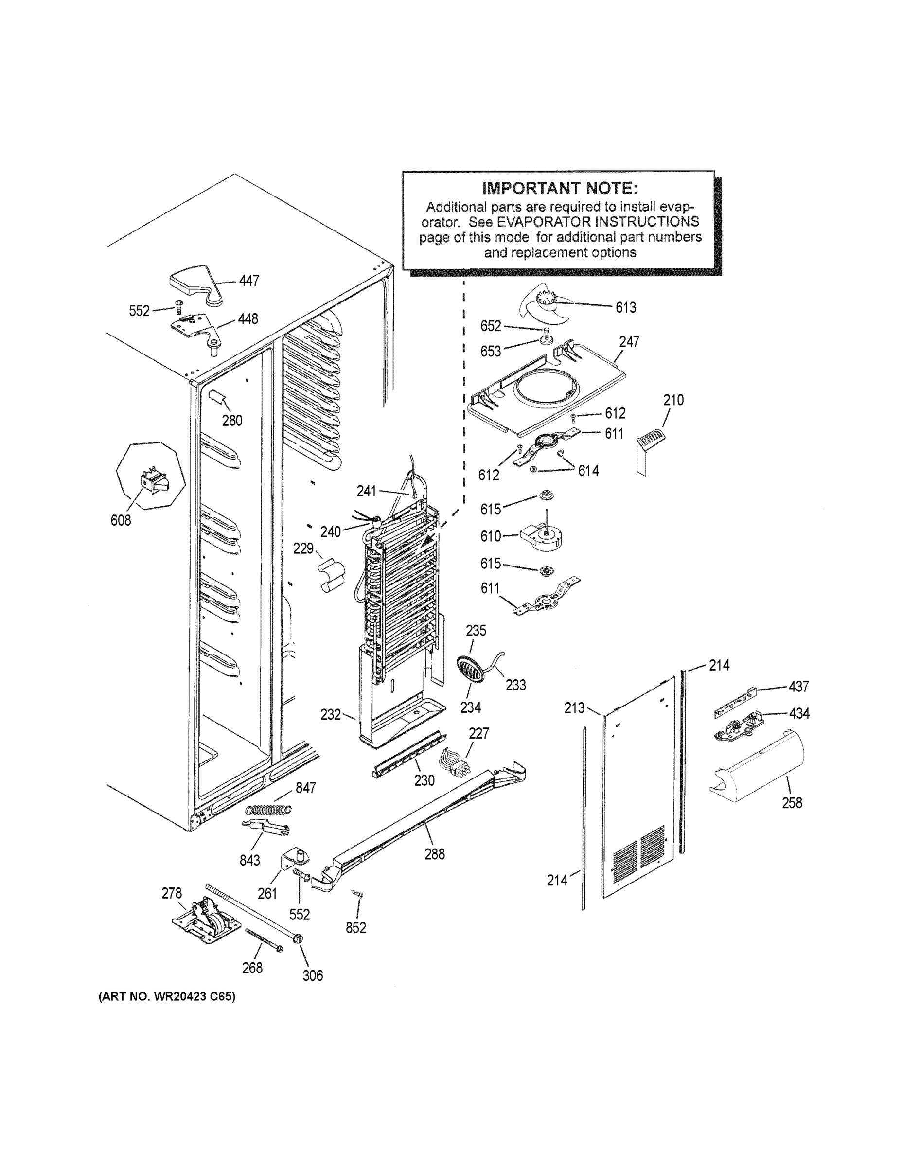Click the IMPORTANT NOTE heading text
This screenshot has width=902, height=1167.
click(x=560, y=188)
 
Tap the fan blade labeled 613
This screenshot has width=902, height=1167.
click(x=546, y=308)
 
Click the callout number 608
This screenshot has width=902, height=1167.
click(x=121, y=520)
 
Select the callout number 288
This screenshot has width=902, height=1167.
click(x=434, y=854)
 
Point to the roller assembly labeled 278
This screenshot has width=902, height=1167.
click(x=206, y=919)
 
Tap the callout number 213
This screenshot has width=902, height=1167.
click(x=574, y=708)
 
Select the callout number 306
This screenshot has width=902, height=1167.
click(x=313, y=976)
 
